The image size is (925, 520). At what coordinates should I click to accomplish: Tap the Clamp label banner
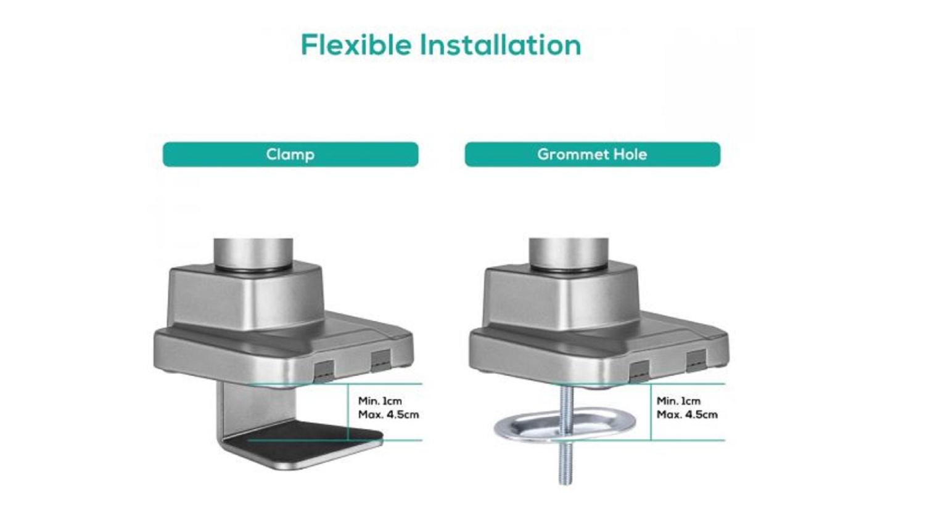[290, 155]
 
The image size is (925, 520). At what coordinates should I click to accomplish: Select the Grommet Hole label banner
[592, 155]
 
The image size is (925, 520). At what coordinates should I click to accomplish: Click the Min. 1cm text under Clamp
[380, 400]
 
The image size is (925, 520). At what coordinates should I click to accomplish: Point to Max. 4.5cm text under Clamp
[388, 415]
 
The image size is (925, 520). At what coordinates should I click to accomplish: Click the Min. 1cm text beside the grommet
[678, 400]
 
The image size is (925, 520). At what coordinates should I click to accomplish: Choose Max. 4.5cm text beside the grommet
[687, 415]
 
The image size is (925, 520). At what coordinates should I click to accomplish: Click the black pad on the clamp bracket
[303, 437]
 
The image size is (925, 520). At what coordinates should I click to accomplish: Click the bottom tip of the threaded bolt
[565, 484]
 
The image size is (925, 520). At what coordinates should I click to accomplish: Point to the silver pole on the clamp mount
[253, 253]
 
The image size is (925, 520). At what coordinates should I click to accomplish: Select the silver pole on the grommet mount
[569, 253]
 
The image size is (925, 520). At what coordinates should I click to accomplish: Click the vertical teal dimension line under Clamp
[348, 412]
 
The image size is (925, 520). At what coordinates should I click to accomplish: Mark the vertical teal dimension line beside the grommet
[651, 412]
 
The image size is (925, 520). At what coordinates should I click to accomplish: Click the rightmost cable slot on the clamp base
[380, 360]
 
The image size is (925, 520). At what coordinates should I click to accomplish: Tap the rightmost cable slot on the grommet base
[696, 360]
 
